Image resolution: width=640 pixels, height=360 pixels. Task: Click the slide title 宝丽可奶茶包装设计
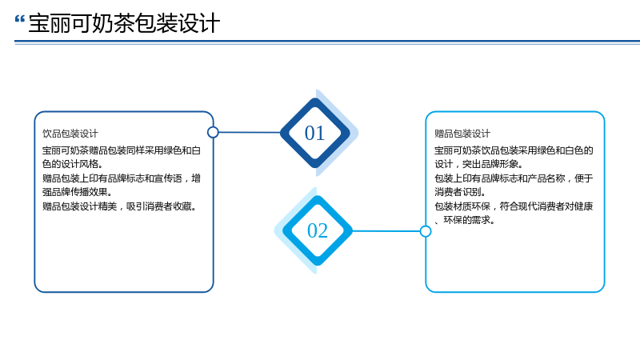[124, 23]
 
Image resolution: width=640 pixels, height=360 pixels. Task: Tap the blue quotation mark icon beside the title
[19, 19]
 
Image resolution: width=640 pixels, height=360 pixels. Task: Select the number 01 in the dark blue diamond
[314, 133]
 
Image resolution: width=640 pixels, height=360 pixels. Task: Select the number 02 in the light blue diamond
[318, 230]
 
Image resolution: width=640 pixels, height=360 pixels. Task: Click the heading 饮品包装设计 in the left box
[70, 134]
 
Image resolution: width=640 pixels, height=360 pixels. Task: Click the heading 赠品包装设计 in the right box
[462, 134]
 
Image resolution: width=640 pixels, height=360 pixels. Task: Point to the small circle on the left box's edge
[213, 132]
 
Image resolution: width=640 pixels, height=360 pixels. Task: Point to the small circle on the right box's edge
[426, 231]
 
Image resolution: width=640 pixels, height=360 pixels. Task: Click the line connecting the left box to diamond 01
[250, 132]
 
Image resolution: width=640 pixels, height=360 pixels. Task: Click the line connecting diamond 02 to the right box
[386, 231]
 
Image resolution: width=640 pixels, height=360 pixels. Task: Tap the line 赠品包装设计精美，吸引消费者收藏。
[120, 206]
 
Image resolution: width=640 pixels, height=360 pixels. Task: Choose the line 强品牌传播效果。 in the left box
[78, 192]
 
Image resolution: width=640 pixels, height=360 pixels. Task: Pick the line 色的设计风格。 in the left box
[73, 164]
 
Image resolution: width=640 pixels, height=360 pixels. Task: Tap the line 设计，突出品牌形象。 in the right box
[479, 164]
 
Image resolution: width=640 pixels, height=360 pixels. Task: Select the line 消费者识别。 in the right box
[460, 192]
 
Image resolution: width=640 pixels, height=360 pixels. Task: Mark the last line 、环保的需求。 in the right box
[465, 220]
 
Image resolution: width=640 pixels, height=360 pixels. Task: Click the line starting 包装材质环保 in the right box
[514, 206]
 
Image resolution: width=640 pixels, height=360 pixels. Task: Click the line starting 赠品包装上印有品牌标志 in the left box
[122, 178]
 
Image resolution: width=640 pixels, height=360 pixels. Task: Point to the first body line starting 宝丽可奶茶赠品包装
[122, 150]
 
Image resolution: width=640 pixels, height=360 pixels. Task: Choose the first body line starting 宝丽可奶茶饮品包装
[514, 150]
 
